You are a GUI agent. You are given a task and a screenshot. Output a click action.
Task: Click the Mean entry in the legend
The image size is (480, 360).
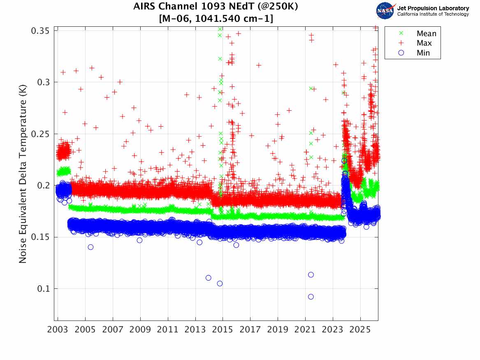tap(426, 34)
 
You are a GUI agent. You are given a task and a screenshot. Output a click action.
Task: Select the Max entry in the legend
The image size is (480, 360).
tap(424, 43)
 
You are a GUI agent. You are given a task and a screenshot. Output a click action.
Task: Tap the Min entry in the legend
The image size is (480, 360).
tap(424, 53)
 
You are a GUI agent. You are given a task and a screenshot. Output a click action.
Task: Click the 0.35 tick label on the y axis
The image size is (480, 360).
tap(40, 31)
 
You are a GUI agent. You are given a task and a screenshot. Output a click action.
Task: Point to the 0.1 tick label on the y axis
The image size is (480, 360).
tap(43, 289)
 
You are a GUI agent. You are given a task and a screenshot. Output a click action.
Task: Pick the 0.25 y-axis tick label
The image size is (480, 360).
tap(40, 134)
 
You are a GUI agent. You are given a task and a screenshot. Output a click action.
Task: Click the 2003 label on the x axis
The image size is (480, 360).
tap(58, 330)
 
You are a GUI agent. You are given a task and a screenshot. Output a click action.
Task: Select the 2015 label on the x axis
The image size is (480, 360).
tap(223, 330)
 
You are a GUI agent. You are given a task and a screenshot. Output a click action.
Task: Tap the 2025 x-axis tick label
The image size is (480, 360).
tap(360, 330)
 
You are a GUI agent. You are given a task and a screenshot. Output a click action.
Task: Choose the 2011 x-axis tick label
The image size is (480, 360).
tap(168, 330)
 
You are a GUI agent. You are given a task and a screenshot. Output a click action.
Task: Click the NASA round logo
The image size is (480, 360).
tap(385, 11)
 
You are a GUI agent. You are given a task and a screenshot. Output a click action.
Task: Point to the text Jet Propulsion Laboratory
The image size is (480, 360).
tap(433, 8)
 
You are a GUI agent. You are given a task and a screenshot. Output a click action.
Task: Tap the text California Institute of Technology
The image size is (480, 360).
tap(433, 14)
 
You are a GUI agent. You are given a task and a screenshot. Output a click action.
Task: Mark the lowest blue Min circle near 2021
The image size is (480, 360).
tap(311, 297)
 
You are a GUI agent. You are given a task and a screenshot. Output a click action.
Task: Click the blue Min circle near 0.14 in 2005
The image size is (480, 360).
tap(90, 247)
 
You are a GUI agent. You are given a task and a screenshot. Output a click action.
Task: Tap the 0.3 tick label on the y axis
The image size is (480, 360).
tap(43, 82)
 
